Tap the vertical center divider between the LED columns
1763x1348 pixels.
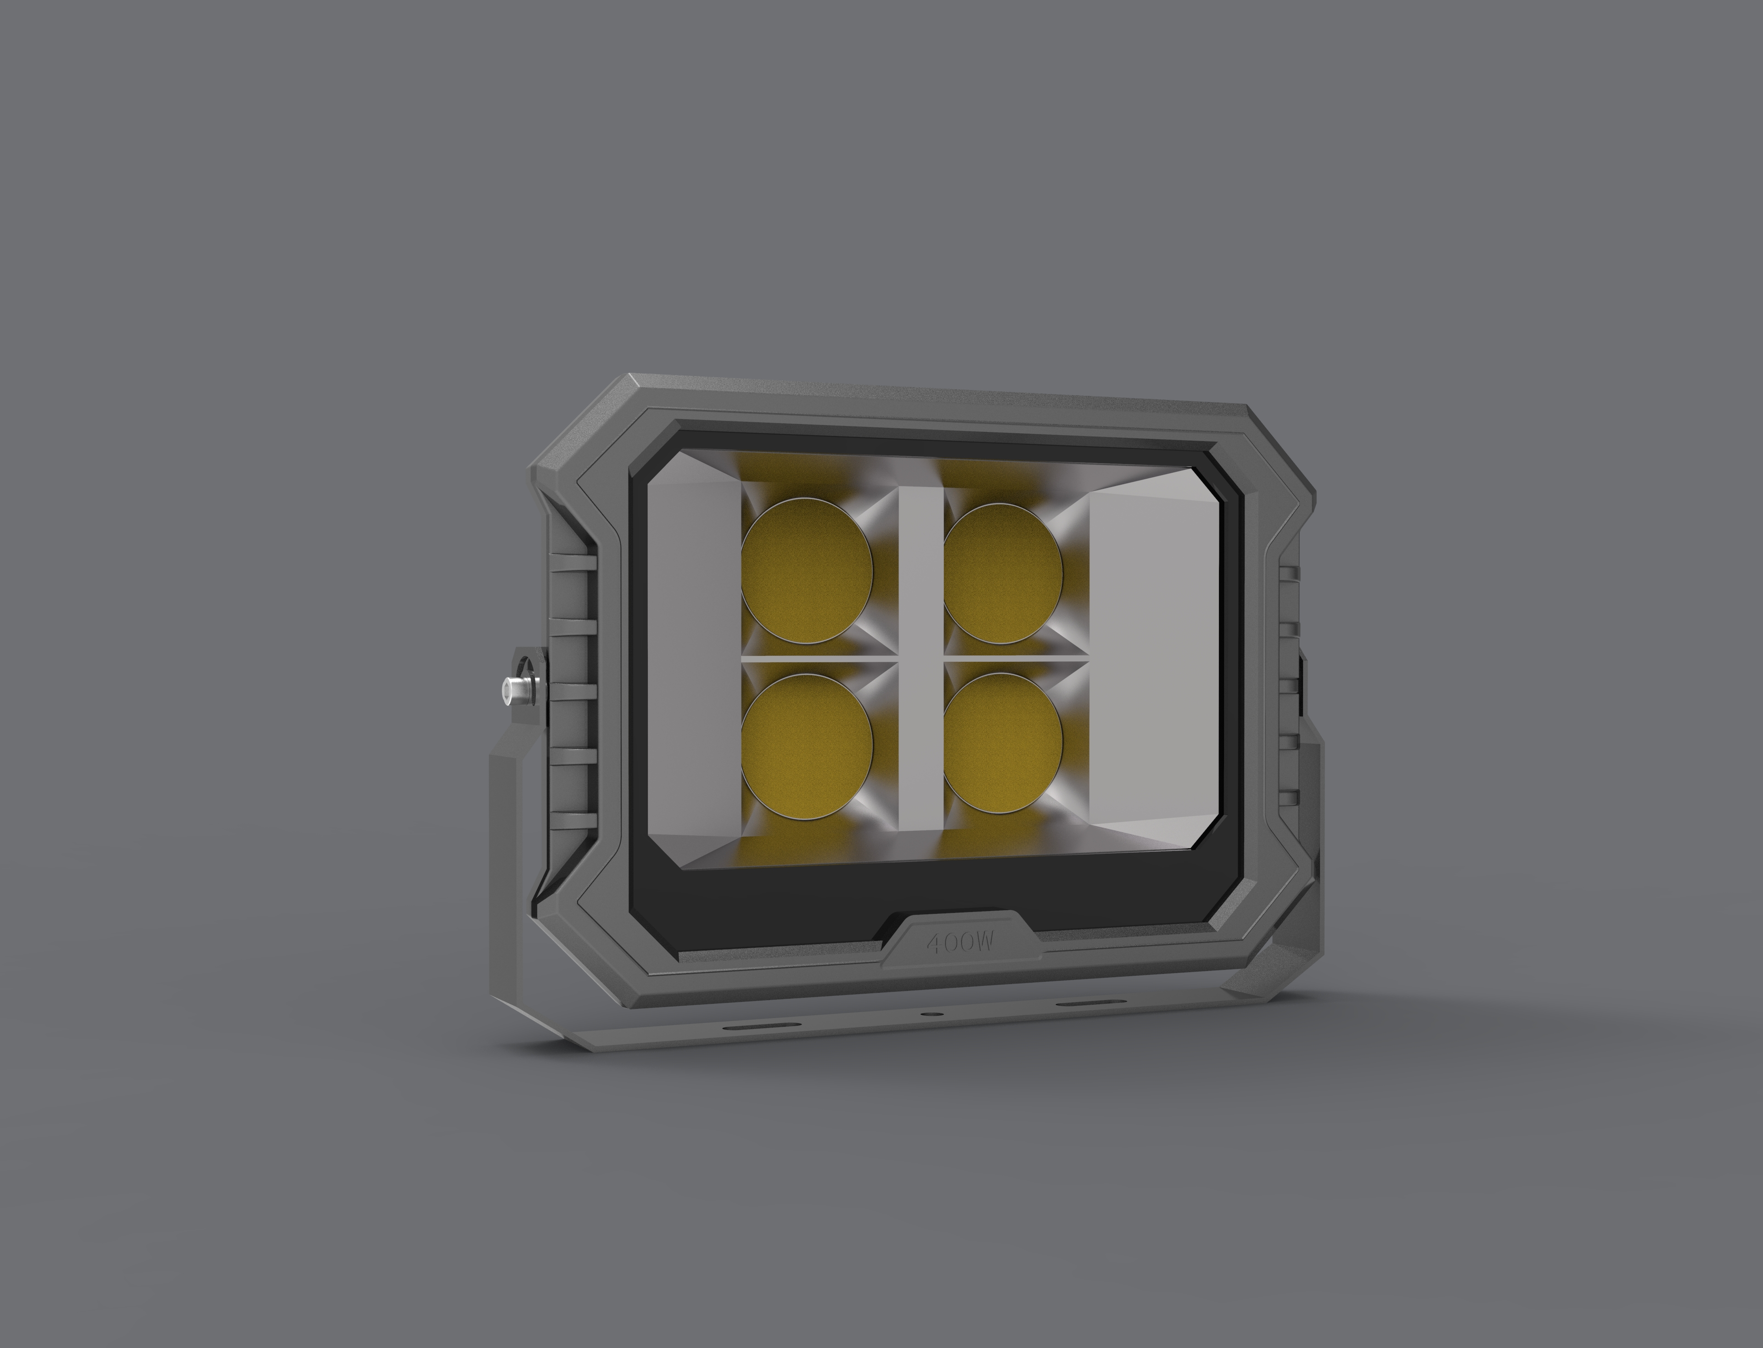(x=920, y=658)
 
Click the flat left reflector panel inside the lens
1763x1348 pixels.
(x=692, y=658)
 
